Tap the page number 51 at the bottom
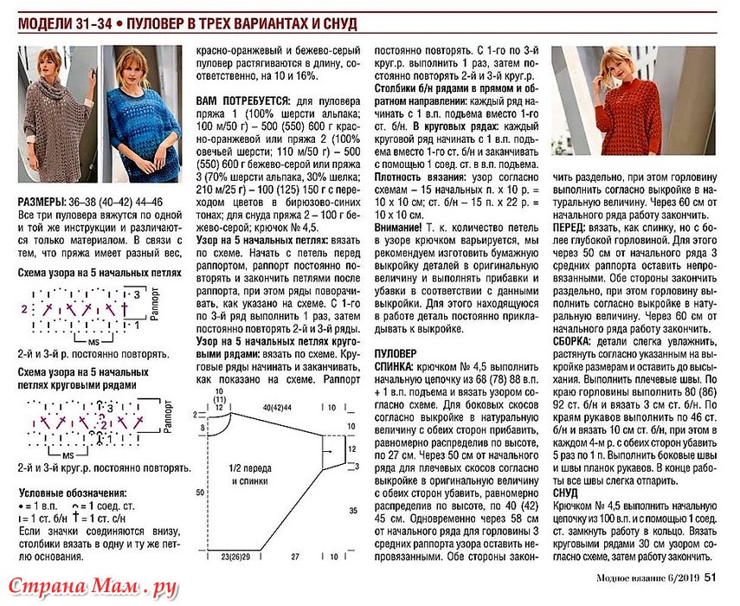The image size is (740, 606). coord(709,579)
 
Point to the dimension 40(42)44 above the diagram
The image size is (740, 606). coord(278,406)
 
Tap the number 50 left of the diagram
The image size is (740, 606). coord(200,492)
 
